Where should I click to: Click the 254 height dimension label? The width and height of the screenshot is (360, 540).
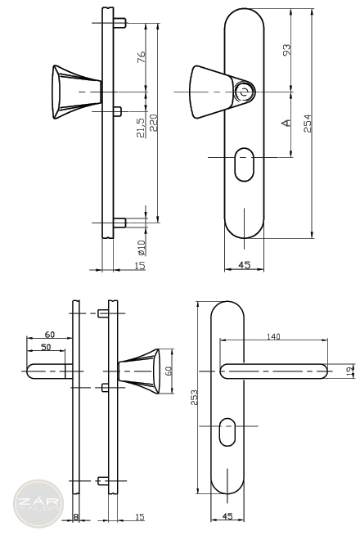[308, 123]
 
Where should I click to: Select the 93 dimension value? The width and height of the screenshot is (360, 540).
[286, 50]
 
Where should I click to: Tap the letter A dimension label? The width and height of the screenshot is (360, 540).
[286, 123]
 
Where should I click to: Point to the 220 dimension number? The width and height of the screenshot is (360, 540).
[153, 123]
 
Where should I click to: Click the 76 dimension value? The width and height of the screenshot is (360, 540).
[142, 56]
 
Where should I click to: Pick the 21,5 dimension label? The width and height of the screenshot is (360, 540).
[141, 128]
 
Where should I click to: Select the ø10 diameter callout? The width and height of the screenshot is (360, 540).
[142, 248]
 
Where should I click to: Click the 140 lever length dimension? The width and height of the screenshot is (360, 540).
[273, 336]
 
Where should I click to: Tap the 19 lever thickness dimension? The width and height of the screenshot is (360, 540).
[350, 371]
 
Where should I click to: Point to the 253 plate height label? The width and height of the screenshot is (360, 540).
[194, 398]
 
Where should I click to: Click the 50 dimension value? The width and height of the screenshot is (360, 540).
[46, 347]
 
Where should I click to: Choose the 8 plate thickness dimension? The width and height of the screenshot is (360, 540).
[76, 516]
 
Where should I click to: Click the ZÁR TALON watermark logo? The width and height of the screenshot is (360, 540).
[38, 504]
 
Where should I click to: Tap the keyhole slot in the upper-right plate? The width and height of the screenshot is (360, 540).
[244, 164]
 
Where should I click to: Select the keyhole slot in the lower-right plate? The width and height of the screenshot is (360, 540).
[227, 432]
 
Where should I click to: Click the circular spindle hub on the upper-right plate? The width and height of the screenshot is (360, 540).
[245, 92]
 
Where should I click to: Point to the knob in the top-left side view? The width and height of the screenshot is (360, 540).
[77, 92]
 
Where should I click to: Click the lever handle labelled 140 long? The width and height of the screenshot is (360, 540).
[273, 371]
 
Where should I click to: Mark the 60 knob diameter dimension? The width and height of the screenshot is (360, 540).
[169, 371]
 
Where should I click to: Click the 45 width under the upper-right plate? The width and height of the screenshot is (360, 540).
[245, 265]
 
